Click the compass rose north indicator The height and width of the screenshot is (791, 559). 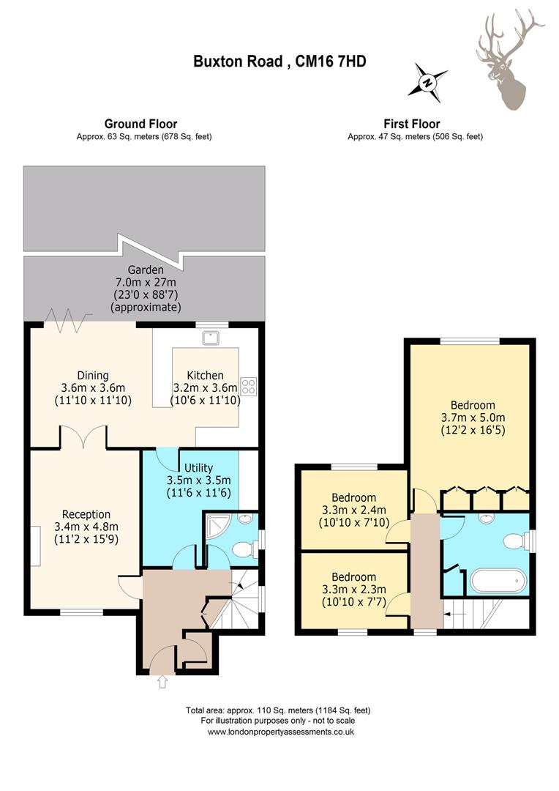pyautogui.click(x=428, y=83)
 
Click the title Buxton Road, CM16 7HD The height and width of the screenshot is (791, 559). pyautogui.click(x=279, y=62)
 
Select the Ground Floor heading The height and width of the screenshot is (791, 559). pyautogui.click(x=140, y=124)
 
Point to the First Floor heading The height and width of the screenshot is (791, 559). pyautogui.click(x=412, y=124)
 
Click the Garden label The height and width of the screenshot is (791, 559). pyautogui.click(x=145, y=270)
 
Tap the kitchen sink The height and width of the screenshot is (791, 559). pyautogui.click(x=210, y=338)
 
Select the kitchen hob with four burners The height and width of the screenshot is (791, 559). pyautogui.click(x=249, y=386)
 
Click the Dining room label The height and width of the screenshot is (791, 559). pyautogui.click(x=93, y=375)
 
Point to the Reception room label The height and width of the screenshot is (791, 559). pyautogui.click(x=86, y=514)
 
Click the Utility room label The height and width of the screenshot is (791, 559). pyautogui.click(x=198, y=467)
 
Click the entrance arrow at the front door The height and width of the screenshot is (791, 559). pyautogui.click(x=162, y=682)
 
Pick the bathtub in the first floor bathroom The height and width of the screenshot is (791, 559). pyautogui.click(x=498, y=582)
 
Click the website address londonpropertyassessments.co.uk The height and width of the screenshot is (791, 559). pyautogui.click(x=281, y=732)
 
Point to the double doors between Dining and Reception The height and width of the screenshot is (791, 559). pyautogui.click(x=83, y=437)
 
